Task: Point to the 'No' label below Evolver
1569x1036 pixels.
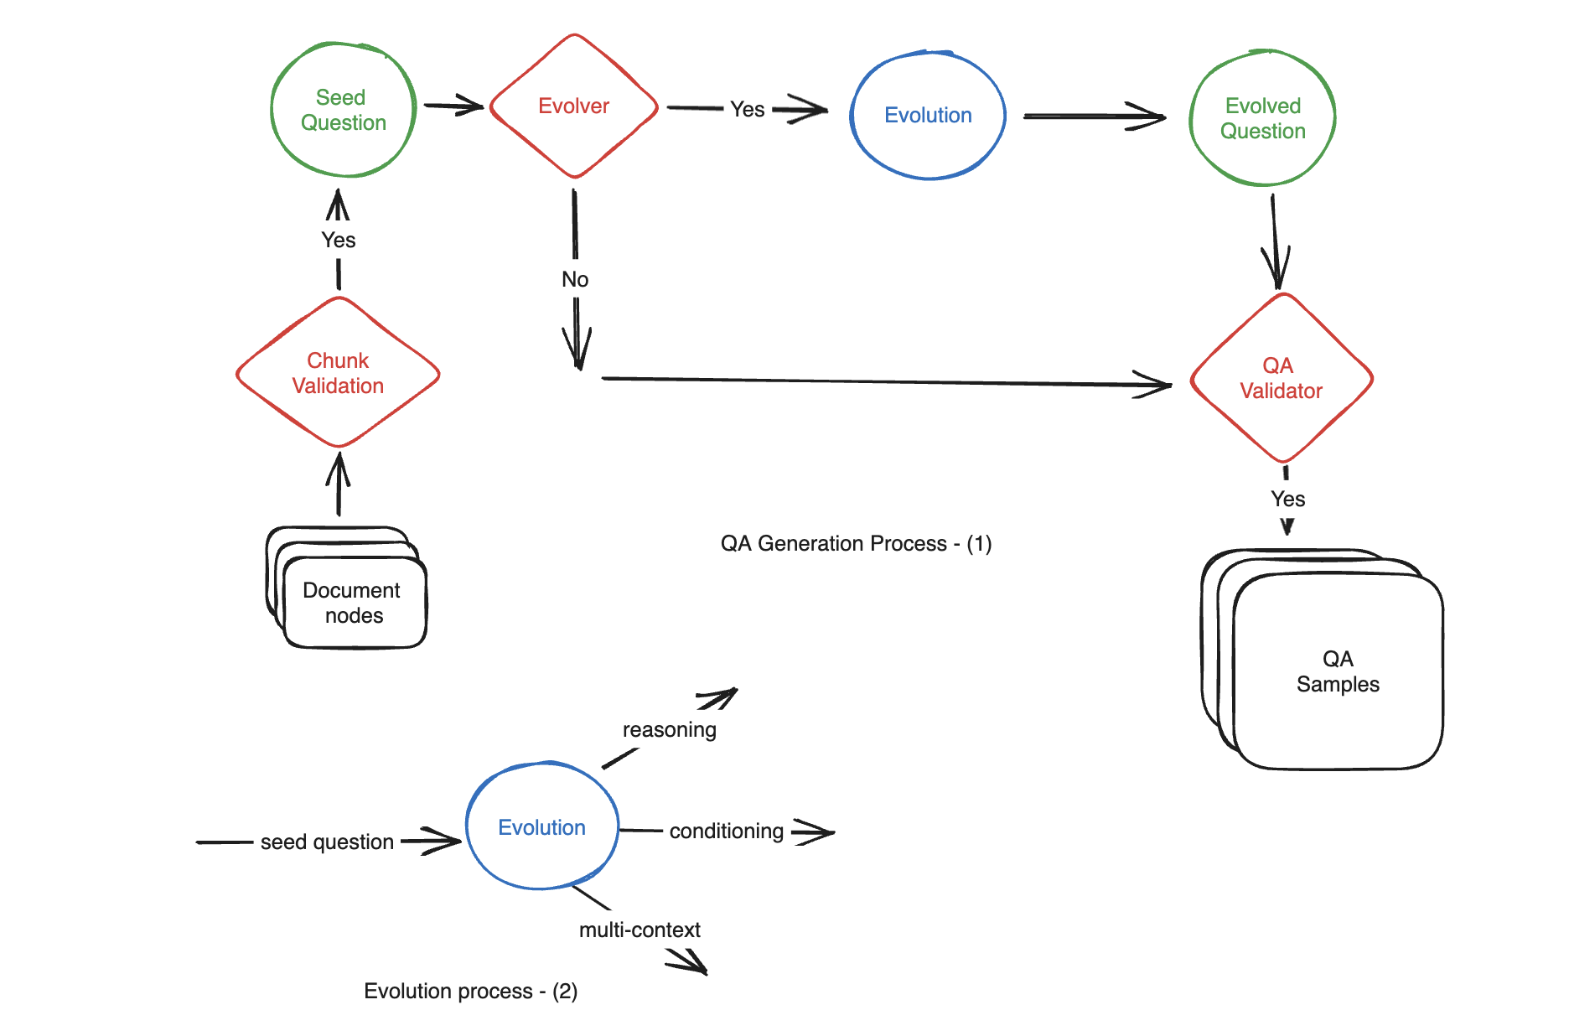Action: (x=575, y=279)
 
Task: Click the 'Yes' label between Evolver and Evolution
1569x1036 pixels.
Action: (x=747, y=109)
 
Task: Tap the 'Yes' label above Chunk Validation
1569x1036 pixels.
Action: (x=339, y=240)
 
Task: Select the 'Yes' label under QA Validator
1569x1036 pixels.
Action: (x=1287, y=499)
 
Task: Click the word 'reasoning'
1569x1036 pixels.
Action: (x=669, y=730)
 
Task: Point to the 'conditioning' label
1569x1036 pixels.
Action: (x=727, y=831)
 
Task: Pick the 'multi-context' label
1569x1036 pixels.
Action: (x=640, y=930)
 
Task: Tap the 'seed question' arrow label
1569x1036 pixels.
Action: (x=327, y=842)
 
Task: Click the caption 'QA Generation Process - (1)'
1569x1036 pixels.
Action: (x=856, y=543)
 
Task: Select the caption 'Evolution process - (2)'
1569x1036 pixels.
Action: (x=470, y=991)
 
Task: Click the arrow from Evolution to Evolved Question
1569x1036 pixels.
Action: (x=1094, y=117)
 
